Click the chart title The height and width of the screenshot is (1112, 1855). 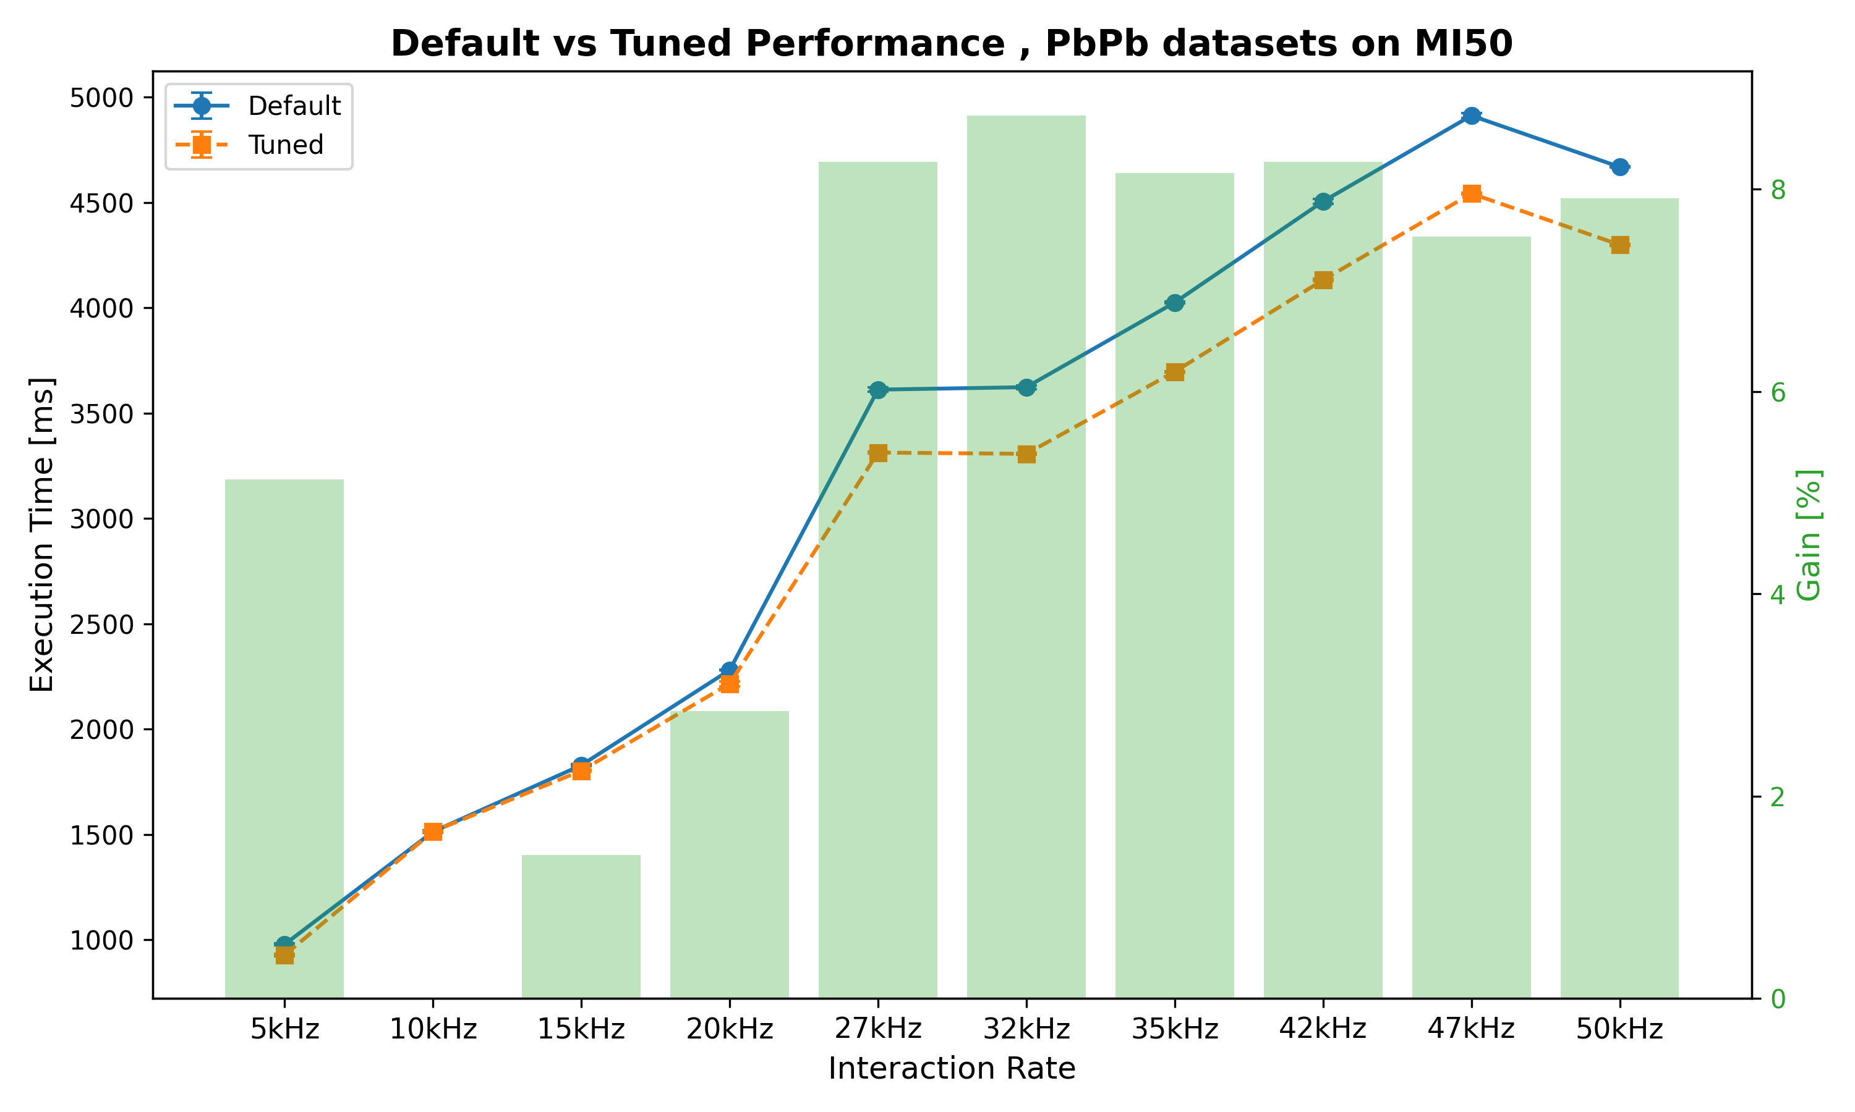pyautogui.click(x=952, y=43)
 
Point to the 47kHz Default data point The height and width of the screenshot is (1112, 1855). pyautogui.click(x=1471, y=116)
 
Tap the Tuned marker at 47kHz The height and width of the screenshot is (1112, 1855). pyautogui.click(x=1471, y=194)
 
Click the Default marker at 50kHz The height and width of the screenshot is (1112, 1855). pyautogui.click(x=1619, y=166)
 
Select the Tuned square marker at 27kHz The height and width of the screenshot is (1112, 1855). pyautogui.click(x=878, y=453)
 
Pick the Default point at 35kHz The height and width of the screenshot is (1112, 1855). pyautogui.click(x=1174, y=303)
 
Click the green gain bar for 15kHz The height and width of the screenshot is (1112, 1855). pyautogui.click(x=581, y=929)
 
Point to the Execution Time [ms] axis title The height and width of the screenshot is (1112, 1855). pyautogui.click(x=43, y=534)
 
